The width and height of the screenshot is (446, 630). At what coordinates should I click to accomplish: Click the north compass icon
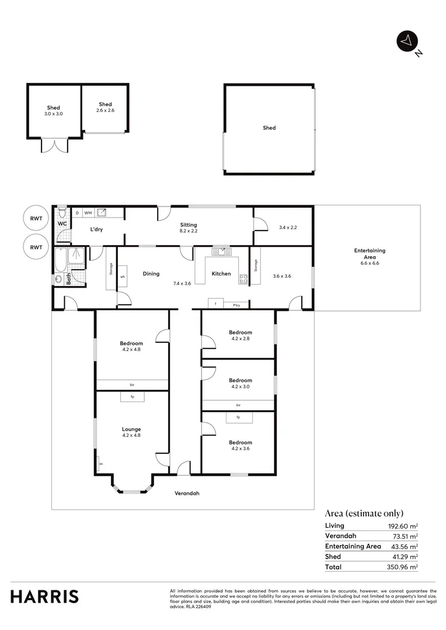[407, 41]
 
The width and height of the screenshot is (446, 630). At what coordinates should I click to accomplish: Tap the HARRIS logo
[44, 596]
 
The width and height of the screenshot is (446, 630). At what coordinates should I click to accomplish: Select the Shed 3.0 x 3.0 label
[54, 111]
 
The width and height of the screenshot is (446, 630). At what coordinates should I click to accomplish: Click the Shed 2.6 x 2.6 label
[105, 107]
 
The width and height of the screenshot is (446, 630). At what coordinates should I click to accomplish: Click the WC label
[61, 223]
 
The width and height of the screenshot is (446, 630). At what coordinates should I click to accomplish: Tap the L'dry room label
[96, 230]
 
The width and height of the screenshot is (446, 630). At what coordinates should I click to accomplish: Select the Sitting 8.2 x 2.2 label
[188, 228]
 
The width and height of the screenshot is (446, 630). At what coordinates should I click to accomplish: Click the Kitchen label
[221, 274]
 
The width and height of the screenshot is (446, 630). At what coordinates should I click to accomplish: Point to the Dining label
[151, 274]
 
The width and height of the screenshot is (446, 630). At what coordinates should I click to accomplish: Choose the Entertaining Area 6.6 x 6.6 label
[370, 257]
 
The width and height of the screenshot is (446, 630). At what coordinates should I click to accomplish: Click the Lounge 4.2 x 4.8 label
[131, 432]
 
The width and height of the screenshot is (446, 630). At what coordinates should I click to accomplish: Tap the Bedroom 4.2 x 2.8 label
[240, 335]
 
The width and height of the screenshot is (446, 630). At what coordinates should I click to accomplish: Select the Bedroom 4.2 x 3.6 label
[240, 445]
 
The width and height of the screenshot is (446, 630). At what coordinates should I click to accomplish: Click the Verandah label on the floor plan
[187, 494]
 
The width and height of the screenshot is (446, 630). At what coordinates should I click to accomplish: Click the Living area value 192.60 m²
[403, 526]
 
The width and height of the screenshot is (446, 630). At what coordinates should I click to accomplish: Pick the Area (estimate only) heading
[364, 513]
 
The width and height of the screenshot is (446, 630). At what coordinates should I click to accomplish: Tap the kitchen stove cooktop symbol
[243, 279]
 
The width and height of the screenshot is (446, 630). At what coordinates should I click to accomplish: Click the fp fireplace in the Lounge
[133, 397]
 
